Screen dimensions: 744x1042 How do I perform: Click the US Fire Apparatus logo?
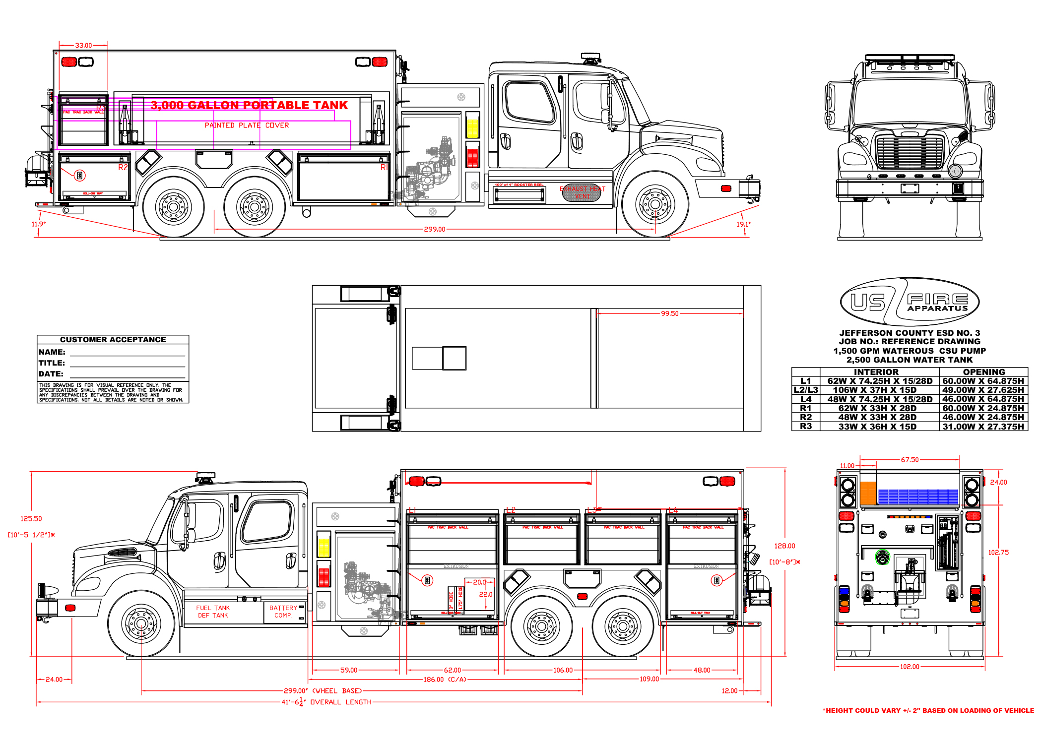click(x=910, y=302)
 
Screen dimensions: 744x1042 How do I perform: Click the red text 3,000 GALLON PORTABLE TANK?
click(x=249, y=105)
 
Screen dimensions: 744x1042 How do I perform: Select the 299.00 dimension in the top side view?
click(x=434, y=229)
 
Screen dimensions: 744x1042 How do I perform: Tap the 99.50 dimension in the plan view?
click(x=669, y=313)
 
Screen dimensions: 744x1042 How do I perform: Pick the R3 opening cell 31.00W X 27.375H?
click(x=983, y=427)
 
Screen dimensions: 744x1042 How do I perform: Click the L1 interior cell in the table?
click(x=879, y=381)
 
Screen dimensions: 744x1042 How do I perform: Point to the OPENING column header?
click(x=983, y=372)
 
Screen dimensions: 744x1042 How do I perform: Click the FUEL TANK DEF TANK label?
click(x=213, y=612)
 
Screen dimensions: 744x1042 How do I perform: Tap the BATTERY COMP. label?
click(x=283, y=612)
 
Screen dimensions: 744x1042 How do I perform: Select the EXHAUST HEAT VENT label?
click(x=583, y=192)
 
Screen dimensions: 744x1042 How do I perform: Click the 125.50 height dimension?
click(x=31, y=519)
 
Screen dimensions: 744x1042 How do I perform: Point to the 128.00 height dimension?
click(x=784, y=546)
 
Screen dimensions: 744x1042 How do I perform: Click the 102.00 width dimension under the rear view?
click(x=910, y=667)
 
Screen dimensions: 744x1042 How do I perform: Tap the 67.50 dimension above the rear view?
click(x=910, y=460)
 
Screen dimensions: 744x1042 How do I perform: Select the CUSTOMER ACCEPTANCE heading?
click(x=113, y=340)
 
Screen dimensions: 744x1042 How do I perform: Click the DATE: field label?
click(x=51, y=374)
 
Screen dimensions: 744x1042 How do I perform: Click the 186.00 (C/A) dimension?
click(x=445, y=680)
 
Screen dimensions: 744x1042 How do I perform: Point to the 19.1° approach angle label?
click(x=743, y=224)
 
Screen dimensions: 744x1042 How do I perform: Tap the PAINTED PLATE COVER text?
click(x=247, y=125)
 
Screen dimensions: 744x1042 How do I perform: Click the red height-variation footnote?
click(x=928, y=711)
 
